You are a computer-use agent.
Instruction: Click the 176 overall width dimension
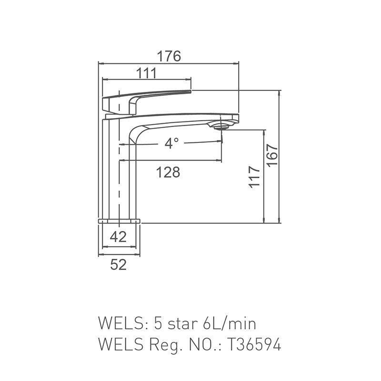pos(169,56)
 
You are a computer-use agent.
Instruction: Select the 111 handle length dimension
pos(146,73)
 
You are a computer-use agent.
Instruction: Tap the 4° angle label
pos(171,143)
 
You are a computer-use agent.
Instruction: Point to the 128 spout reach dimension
pos(169,172)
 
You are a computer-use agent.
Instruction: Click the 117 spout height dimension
pos(254,177)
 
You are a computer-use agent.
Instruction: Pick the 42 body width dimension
pos(118,237)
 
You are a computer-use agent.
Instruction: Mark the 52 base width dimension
pos(118,265)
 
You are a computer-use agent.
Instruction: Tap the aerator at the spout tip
pos(222,126)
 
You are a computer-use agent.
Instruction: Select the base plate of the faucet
pos(120,221)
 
